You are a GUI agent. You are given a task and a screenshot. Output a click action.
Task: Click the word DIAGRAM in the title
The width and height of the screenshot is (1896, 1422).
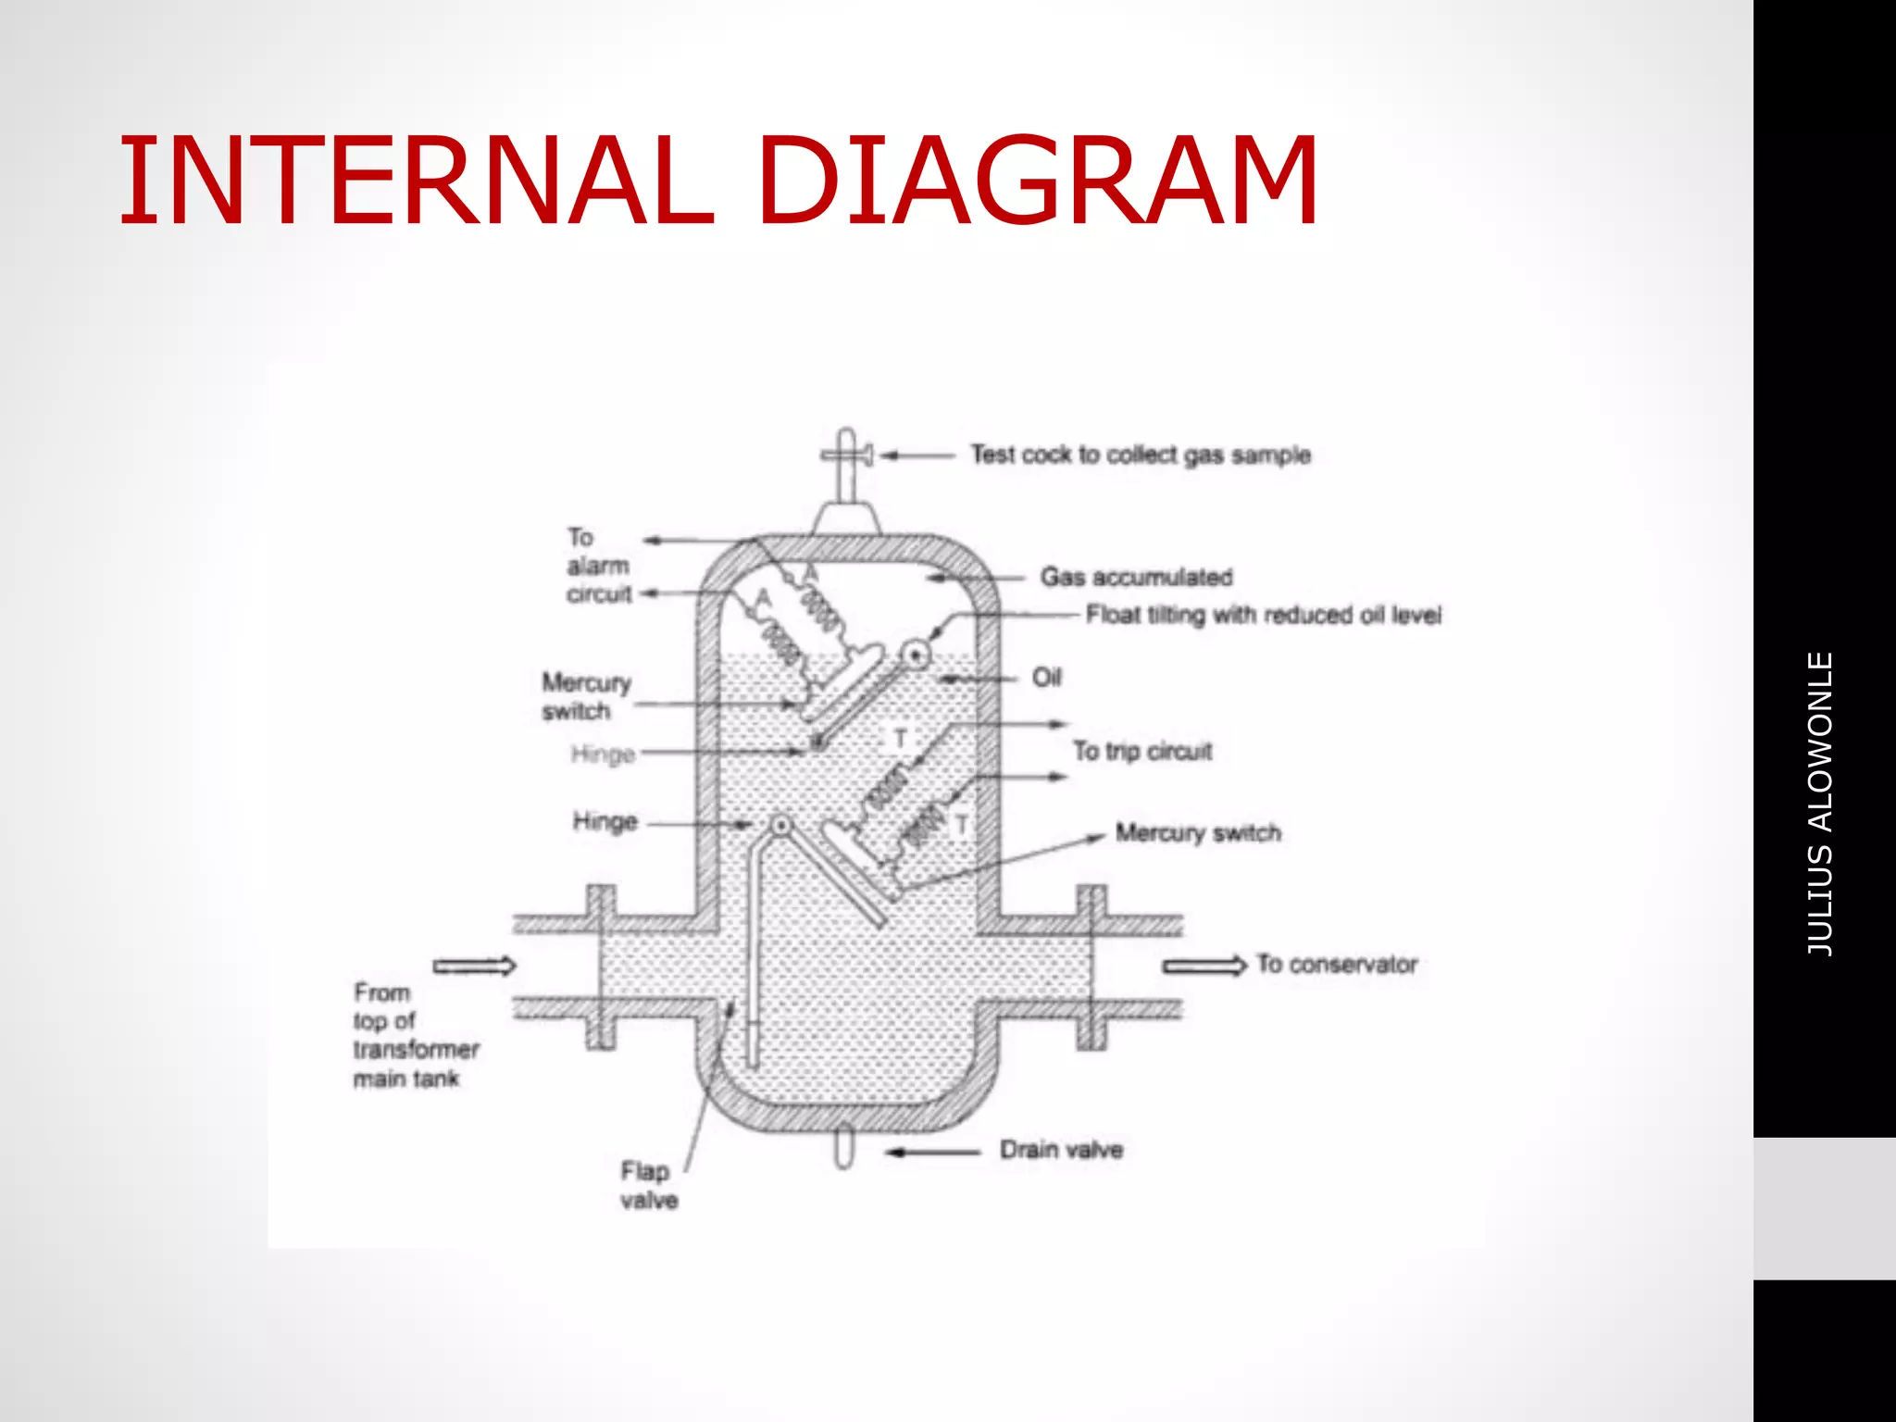click(1037, 181)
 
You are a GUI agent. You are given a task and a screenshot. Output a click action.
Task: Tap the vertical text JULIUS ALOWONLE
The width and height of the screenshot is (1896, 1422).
click(1820, 804)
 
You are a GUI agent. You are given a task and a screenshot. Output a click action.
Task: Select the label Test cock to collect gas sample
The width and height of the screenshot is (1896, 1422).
click(1141, 455)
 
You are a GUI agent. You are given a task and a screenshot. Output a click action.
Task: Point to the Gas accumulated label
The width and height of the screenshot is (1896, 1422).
click(1136, 577)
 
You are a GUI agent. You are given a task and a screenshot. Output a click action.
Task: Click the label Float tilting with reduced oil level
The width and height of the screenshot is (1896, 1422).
click(1264, 615)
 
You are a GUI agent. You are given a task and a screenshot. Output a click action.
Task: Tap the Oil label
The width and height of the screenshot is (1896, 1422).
click(1047, 678)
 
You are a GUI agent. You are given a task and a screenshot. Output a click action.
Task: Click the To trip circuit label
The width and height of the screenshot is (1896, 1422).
click(1142, 751)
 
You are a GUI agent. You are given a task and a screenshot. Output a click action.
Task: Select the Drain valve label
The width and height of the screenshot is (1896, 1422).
click(1061, 1150)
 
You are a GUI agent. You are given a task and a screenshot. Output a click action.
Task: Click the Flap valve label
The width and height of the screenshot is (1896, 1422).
click(648, 1186)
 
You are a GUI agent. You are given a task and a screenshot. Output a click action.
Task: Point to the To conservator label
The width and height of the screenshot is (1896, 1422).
click(1337, 965)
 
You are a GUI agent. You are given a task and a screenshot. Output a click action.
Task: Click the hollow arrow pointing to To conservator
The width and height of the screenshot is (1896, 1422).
click(1204, 967)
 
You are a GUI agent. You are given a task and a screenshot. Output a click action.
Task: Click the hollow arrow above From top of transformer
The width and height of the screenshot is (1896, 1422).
click(475, 967)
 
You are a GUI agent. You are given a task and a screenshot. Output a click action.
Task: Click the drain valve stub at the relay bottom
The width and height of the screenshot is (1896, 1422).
click(843, 1149)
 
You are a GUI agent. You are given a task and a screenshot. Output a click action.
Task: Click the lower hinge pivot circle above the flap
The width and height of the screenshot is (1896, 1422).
click(781, 824)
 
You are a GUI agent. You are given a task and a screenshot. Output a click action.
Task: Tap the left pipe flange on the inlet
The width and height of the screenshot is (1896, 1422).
click(601, 967)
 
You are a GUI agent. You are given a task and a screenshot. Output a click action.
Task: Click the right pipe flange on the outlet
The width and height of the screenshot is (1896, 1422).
click(1091, 967)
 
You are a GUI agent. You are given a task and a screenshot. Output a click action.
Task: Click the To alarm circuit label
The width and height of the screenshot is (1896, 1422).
click(598, 566)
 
